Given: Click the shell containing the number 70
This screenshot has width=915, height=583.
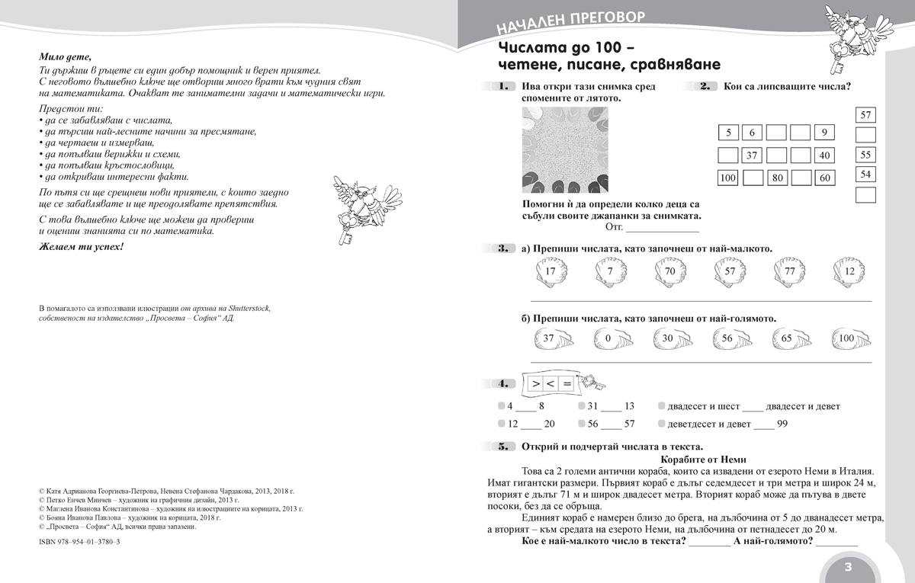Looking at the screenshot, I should pyautogui.click(x=669, y=271).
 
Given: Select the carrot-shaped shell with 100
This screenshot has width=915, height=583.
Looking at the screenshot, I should pyautogui.click(x=846, y=338).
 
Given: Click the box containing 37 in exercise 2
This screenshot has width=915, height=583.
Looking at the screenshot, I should pyautogui.click(x=752, y=156).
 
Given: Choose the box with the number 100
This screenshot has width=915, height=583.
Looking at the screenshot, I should pyautogui.click(x=728, y=179).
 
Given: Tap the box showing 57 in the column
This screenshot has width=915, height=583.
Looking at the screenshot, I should pyautogui.click(x=865, y=116).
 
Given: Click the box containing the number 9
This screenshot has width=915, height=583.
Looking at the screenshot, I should pyautogui.click(x=823, y=133).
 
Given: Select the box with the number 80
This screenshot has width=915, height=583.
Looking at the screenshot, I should pyautogui.click(x=776, y=179).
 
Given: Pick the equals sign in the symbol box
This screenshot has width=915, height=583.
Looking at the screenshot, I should pyautogui.click(x=567, y=383).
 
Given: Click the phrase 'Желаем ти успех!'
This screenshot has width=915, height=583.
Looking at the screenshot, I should pyautogui.click(x=80, y=248).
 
